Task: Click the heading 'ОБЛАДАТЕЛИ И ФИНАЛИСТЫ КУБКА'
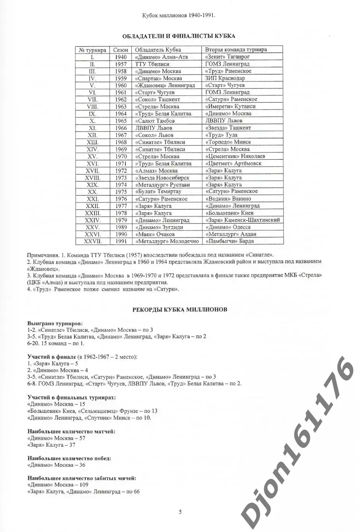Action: pyautogui.click(x=179, y=36)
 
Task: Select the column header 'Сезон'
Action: pyautogui.click(x=121, y=50)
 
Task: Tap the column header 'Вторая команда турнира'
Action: pyautogui.click(x=236, y=50)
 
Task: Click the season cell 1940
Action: pyautogui.click(x=121, y=57)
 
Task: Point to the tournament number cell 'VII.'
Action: pyautogui.click(x=93, y=99)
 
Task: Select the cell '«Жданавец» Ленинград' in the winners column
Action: pyautogui.click(x=165, y=85)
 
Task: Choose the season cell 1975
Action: pyautogui.click(x=121, y=192)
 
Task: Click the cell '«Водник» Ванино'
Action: pyautogui.click(x=228, y=199)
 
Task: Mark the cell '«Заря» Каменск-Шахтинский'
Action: pyautogui.click(x=242, y=220)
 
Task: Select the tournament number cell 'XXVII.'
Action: pyautogui.click(x=93, y=241)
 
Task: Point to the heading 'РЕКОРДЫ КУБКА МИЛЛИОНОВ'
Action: pyautogui.click(x=180, y=310)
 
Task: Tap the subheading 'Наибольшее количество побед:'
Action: pyautogui.click(x=69, y=458)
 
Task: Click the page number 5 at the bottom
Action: pyautogui.click(x=180, y=512)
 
